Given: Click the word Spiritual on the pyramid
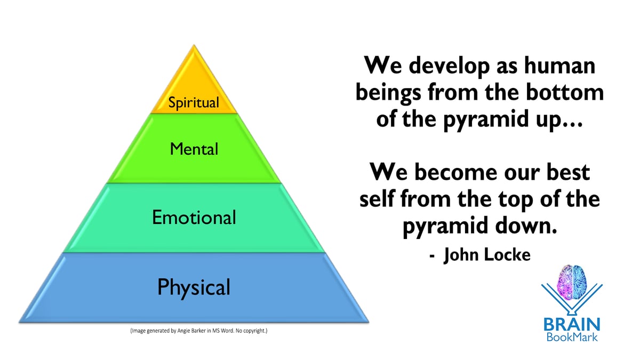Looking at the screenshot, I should click(x=194, y=102).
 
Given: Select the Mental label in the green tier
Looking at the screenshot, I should click(x=194, y=149).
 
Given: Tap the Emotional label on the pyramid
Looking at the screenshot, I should click(x=194, y=218).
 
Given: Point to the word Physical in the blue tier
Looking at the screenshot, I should click(x=194, y=287).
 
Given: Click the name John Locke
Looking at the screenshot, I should click(x=487, y=255).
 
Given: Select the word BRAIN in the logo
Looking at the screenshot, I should click(x=572, y=324).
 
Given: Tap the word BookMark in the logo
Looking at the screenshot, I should click(x=572, y=337).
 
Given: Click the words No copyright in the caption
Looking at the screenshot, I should click(x=251, y=331).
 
